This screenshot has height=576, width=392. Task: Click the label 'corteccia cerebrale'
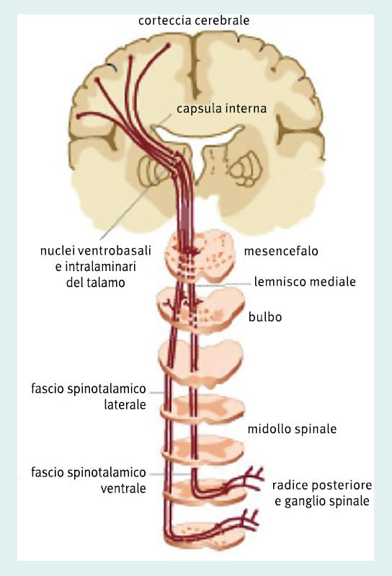pyautogui.click(x=194, y=21)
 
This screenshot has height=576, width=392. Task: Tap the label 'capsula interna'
pyautogui.click(x=221, y=109)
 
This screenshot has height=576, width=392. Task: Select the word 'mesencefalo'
pyautogui.click(x=281, y=252)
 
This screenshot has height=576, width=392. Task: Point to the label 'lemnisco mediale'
pyautogui.click(x=305, y=282)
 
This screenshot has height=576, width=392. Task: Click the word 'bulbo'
pyautogui.click(x=265, y=316)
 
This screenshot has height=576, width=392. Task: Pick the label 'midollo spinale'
pyautogui.click(x=292, y=429)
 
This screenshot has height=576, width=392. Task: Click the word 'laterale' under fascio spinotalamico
pyautogui.click(x=125, y=405)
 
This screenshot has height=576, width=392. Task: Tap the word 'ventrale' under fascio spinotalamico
pyautogui.click(x=123, y=489)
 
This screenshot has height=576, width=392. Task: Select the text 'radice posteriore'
pyautogui.click(x=322, y=485)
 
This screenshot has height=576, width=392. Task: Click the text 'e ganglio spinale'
pyautogui.click(x=322, y=502)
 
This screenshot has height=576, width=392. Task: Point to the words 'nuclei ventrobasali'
pyautogui.click(x=95, y=251)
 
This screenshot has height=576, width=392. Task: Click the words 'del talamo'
pyautogui.click(x=95, y=283)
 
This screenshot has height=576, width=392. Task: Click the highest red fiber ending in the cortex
pyautogui.click(x=168, y=45)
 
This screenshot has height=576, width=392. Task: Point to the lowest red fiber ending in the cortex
pyautogui.click(x=79, y=117)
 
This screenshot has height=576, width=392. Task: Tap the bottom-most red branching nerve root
pyautogui.click(x=242, y=522)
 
